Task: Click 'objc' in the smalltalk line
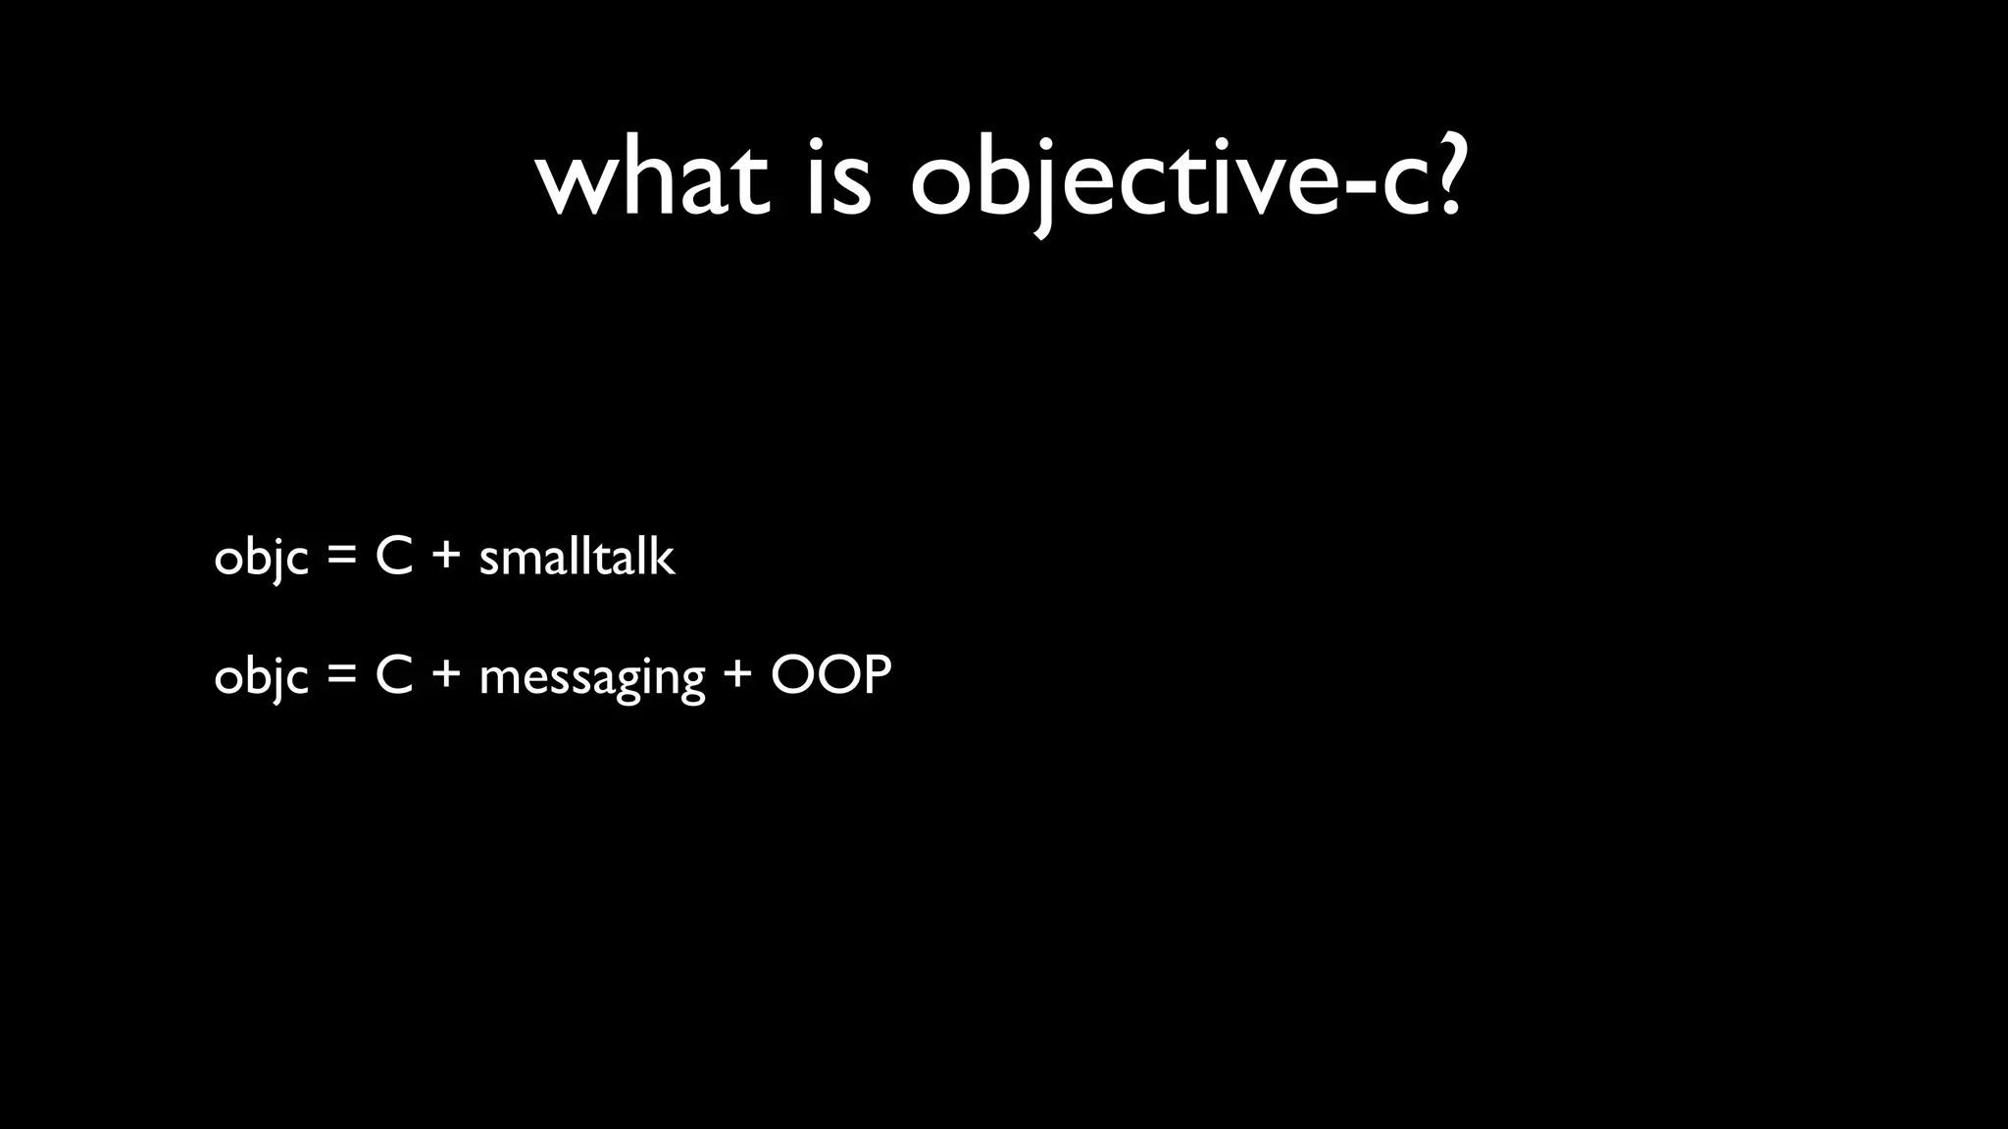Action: click(x=261, y=559)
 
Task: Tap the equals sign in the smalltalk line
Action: click(x=341, y=559)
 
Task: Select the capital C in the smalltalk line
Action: click(x=393, y=558)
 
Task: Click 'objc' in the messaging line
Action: click(x=261, y=676)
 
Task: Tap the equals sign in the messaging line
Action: click(x=341, y=676)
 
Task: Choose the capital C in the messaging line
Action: click(x=393, y=675)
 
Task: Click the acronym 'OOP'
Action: click(x=831, y=674)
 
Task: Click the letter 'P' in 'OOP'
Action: click(x=876, y=674)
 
